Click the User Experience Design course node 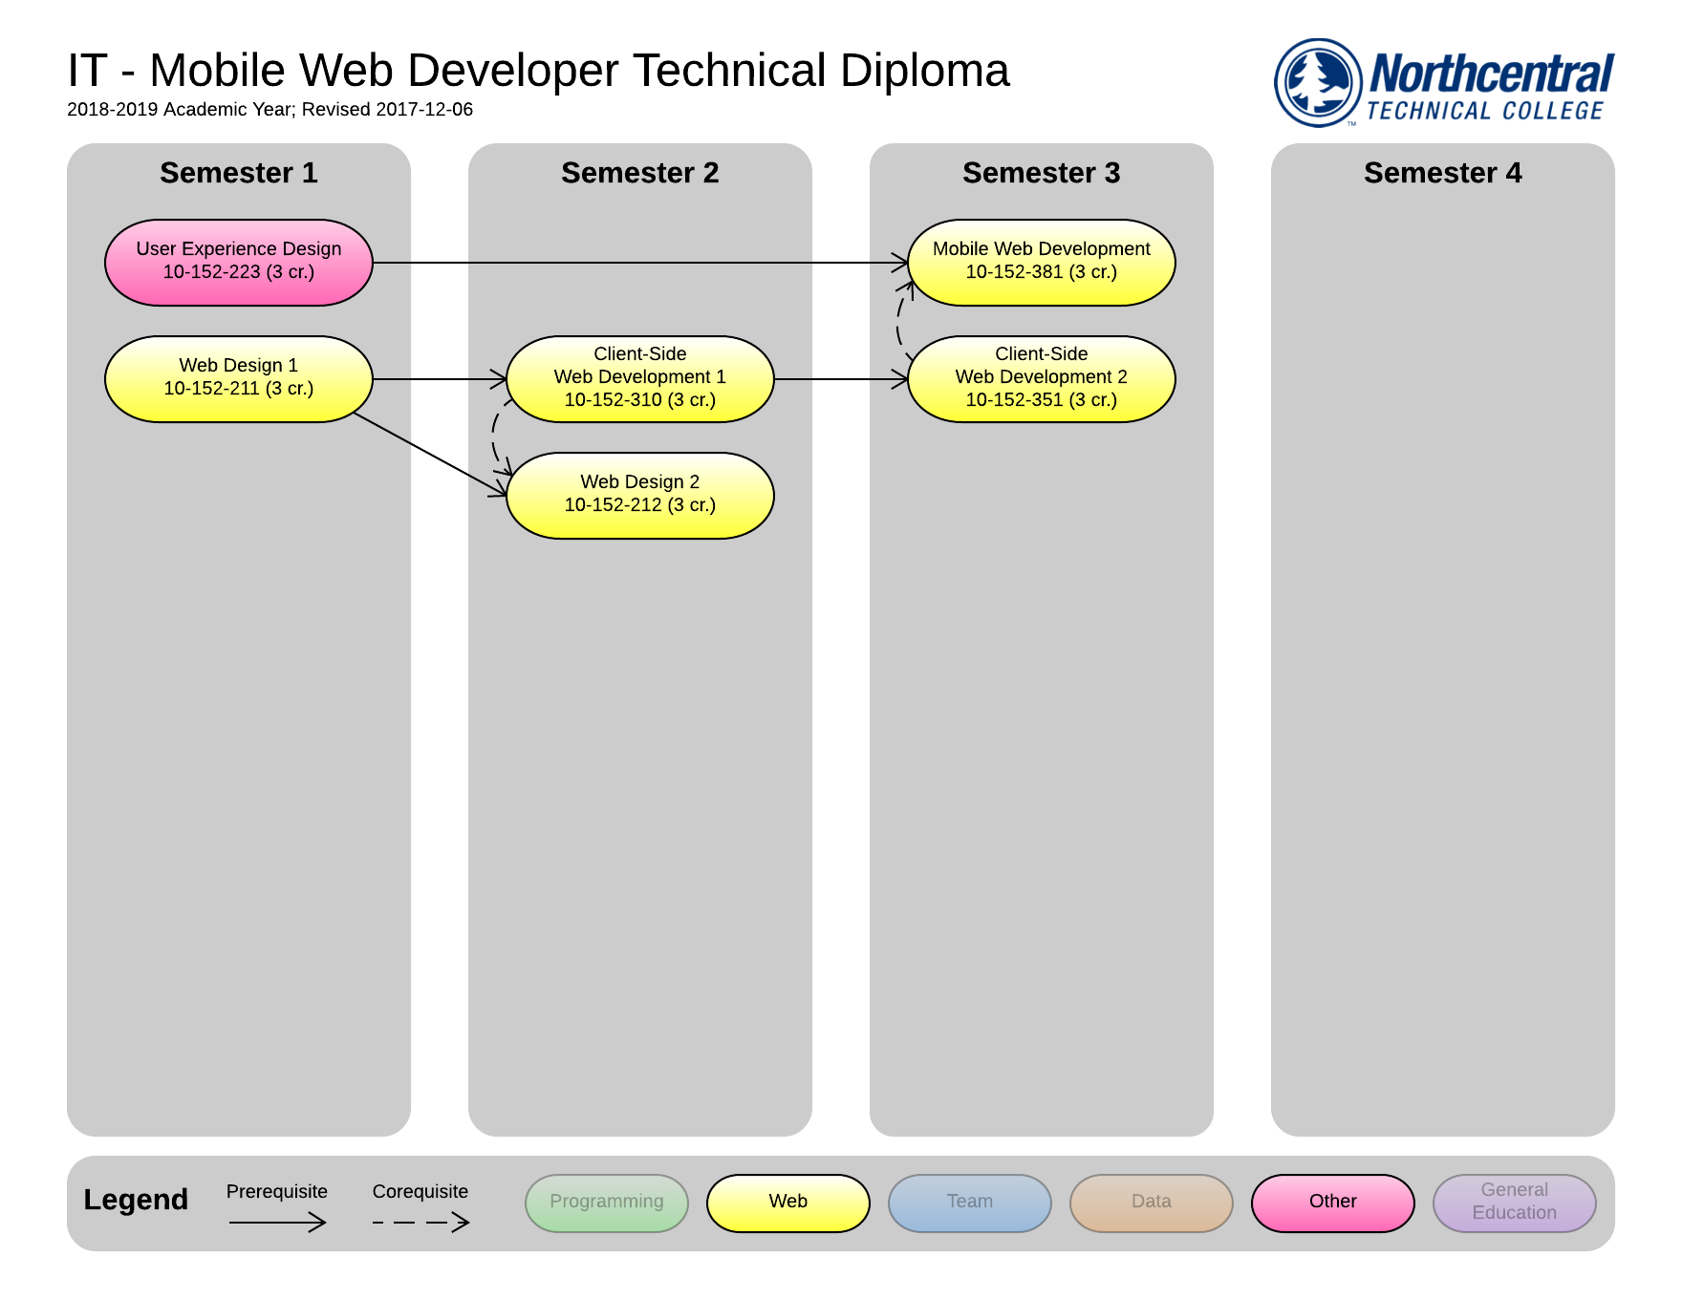coord(239,263)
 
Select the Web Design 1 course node coord(239,379)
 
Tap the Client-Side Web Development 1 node coord(640,379)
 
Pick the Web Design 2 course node coord(640,496)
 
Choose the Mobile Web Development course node coord(1042,263)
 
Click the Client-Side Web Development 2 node coord(1042,379)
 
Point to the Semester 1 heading coord(239,173)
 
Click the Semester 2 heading coord(640,173)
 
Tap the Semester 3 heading coord(1042,173)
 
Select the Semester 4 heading coord(1443,173)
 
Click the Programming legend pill coord(607,1203)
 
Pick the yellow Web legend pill coord(788,1203)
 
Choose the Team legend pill coord(970,1203)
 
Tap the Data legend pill coord(1152,1203)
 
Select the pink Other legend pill coord(1333,1203)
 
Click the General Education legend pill coord(1515,1203)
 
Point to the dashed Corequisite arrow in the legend coord(420,1222)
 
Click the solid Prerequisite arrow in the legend coord(277,1222)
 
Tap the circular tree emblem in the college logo coord(1319,83)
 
